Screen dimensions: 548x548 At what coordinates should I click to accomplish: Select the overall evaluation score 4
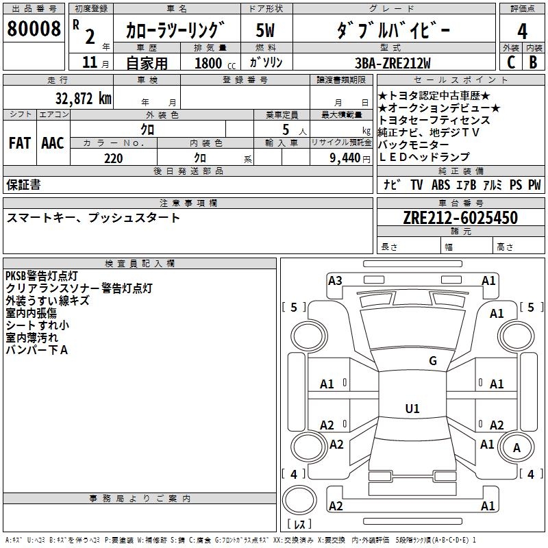(x=522, y=32)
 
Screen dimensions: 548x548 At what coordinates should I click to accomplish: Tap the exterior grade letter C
(x=510, y=62)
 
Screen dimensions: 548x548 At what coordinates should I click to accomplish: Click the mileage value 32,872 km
(x=83, y=98)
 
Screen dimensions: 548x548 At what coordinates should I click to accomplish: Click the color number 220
(x=113, y=158)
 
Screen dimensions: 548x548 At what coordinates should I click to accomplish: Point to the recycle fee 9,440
(x=343, y=158)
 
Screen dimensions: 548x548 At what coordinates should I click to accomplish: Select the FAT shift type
(x=19, y=143)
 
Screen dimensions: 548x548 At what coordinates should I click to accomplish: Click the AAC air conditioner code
(x=52, y=143)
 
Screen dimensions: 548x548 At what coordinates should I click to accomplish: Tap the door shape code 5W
(x=265, y=31)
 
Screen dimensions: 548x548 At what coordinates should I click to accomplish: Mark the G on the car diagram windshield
(x=432, y=361)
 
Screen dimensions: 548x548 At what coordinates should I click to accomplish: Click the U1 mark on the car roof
(x=412, y=409)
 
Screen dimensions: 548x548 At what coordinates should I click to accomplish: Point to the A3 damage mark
(x=335, y=280)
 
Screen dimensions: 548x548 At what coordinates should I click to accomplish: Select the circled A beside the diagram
(x=517, y=448)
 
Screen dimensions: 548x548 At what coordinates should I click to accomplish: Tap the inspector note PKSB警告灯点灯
(x=41, y=276)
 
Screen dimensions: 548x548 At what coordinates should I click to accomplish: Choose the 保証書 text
(x=23, y=185)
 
